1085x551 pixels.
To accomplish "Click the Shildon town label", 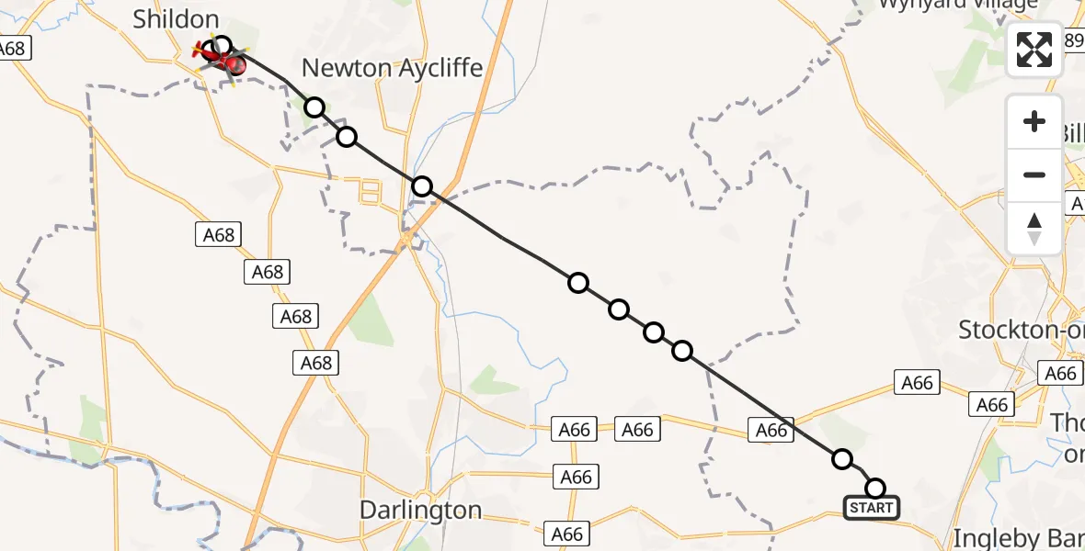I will coord(176,19).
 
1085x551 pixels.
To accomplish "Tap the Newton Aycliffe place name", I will coord(392,68).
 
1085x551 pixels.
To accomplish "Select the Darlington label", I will coord(420,510).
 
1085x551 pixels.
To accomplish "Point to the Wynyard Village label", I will coord(958,4).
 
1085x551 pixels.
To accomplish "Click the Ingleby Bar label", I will coord(1020,537).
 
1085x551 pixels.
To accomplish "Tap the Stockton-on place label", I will coord(1021,330).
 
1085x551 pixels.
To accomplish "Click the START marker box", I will coord(871,508).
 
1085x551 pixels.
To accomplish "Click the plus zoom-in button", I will coord(1034,121).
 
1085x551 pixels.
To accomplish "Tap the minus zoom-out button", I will coord(1034,174).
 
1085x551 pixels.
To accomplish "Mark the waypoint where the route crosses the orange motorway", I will coord(421,187).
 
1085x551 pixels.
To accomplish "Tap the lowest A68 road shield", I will coord(315,363).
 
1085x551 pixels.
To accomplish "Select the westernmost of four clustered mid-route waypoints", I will coord(577,283).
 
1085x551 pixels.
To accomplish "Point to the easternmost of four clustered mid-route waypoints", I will coord(682,351).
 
